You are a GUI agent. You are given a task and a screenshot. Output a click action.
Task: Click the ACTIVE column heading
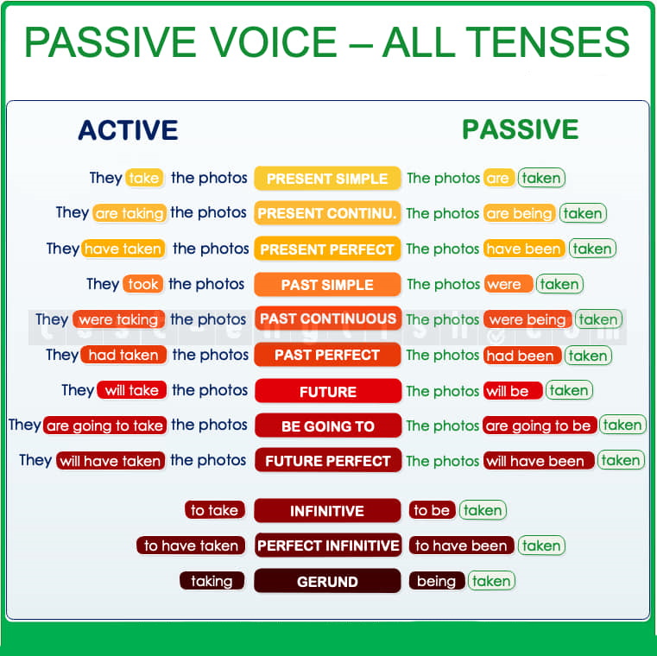coord(128,129)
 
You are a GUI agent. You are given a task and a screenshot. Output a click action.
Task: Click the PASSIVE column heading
coord(520,129)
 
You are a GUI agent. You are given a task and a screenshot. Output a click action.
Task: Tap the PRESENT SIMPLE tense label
coord(327,179)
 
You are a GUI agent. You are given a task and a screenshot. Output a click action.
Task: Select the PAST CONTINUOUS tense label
coord(328,319)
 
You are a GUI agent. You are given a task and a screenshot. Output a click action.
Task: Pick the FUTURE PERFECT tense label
coord(328,460)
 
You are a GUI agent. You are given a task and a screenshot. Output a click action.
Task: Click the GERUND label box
coord(327,581)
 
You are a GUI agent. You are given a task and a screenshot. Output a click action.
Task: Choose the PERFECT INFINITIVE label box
coord(328,546)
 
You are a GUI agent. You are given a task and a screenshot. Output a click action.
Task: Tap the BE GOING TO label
coord(328,426)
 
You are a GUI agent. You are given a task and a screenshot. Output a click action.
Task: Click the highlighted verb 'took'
coord(142,284)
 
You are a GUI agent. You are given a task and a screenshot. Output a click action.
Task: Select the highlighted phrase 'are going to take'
coord(104,426)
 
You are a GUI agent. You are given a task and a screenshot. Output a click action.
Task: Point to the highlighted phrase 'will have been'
coord(539,461)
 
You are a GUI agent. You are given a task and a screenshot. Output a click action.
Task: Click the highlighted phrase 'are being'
coord(520,213)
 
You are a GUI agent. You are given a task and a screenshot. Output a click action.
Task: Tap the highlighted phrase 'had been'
coord(522,356)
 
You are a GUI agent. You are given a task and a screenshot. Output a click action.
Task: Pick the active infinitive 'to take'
coord(214,510)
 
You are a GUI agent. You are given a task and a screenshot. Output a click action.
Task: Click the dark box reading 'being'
coord(437,581)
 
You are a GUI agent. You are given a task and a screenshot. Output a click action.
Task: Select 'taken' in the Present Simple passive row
coord(541,178)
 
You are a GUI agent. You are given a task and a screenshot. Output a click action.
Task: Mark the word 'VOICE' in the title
coord(273,42)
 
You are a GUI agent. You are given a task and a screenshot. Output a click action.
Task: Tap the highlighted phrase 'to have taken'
coord(191,546)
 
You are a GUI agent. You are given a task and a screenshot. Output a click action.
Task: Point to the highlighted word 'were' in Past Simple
coord(509,284)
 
